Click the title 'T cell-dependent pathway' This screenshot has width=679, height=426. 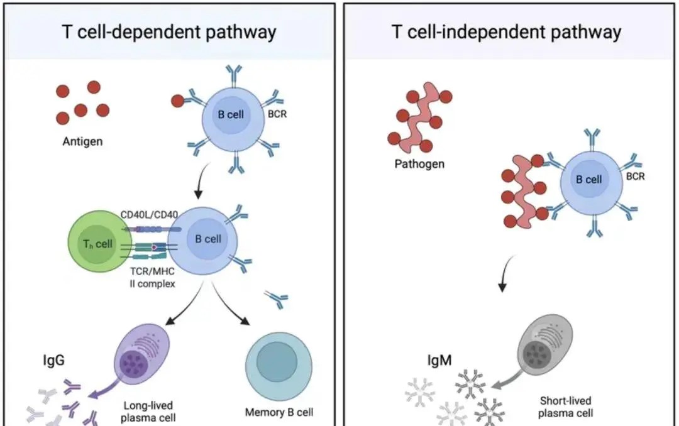tap(169, 32)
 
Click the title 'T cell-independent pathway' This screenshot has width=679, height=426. tap(507, 32)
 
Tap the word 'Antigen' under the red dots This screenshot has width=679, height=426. tap(82, 141)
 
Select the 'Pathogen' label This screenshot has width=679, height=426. tap(419, 164)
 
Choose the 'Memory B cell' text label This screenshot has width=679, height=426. tap(279, 413)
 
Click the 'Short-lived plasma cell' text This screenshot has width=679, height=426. tap(566, 407)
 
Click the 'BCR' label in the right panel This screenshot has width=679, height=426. tap(635, 177)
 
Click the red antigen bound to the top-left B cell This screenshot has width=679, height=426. tap(178, 101)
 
